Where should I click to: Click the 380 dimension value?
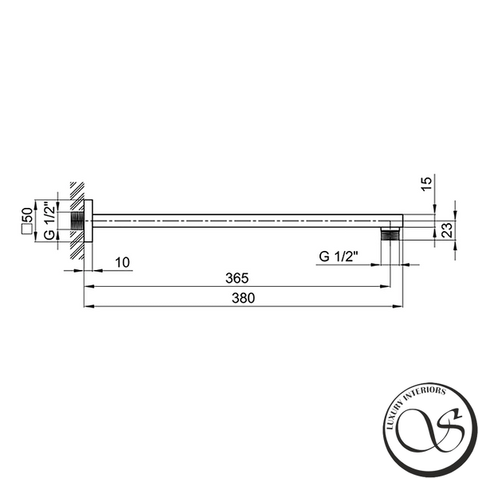(x=243, y=298)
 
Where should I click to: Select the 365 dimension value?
(x=237, y=278)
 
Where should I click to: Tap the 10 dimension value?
(x=122, y=262)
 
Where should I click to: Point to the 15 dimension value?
(x=427, y=184)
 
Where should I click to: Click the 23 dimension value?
(x=447, y=230)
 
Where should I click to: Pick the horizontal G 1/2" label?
(x=338, y=257)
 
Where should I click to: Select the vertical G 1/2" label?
(x=49, y=221)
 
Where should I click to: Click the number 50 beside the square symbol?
(x=27, y=215)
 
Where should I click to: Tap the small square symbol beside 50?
(x=27, y=229)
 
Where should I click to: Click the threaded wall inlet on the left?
(x=77, y=221)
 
